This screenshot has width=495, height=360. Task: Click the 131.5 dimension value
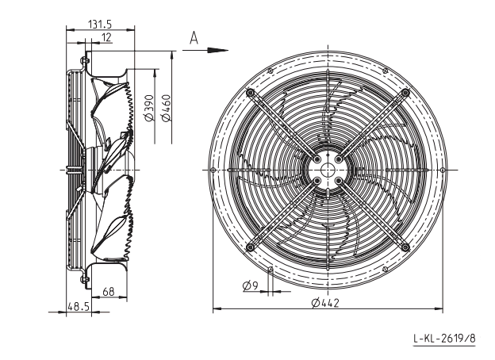[100, 24]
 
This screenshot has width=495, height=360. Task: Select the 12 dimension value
[107, 37]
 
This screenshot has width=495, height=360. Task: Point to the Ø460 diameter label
[166, 108]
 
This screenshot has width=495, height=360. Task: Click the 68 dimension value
[108, 292]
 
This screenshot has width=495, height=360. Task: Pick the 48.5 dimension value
[79, 306]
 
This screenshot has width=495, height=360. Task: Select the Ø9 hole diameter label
[251, 285]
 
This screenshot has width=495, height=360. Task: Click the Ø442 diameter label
[325, 303]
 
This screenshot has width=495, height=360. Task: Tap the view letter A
[194, 38]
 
